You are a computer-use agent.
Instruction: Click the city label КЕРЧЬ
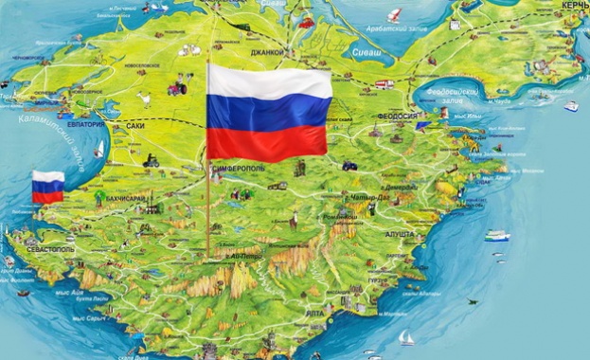[575, 6]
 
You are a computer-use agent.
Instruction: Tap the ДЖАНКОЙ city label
[268, 52]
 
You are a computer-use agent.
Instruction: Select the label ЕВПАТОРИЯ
[85, 125]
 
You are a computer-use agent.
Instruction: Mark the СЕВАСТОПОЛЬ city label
[47, 248]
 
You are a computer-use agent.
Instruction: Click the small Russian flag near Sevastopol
[47, 187]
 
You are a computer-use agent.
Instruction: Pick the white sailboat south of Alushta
[406, 336]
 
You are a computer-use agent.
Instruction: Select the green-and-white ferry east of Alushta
[496, 236]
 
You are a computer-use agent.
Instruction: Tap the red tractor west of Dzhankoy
[178, 88]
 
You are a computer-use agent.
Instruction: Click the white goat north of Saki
[144, 96]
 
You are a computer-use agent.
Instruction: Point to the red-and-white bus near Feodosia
[384, 84]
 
